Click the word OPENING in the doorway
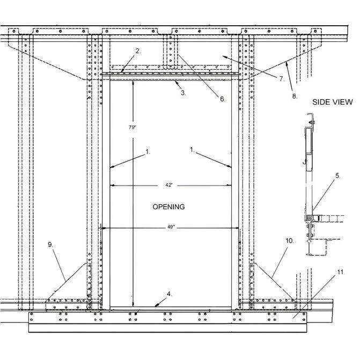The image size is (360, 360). tap(168, 207)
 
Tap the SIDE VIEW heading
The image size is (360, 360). tap(332, 102)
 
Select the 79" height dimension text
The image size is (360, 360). tap(132, 128)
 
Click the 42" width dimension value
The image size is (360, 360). tap(169, 185)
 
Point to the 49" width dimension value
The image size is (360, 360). tap(171, 227)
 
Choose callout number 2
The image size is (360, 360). tap(138, 51)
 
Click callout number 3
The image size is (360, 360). tap(183, 93)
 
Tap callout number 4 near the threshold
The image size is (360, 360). tap(169, 294)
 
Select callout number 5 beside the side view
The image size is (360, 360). tap(337, 176)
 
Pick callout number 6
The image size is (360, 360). tap(223, 99)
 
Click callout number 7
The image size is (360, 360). tap(282, 79)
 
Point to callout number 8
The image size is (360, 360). tap(295, 96)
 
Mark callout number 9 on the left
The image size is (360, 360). tap(50, 245)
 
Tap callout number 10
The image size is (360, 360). tap(290, 241)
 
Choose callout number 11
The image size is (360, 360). tap(341, 272)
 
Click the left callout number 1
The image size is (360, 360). tap(148, 152)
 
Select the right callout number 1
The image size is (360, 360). tap(192, 150)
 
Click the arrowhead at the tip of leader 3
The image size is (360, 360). tap(175, 81)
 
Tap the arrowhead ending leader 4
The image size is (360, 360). tap(157, 305)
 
